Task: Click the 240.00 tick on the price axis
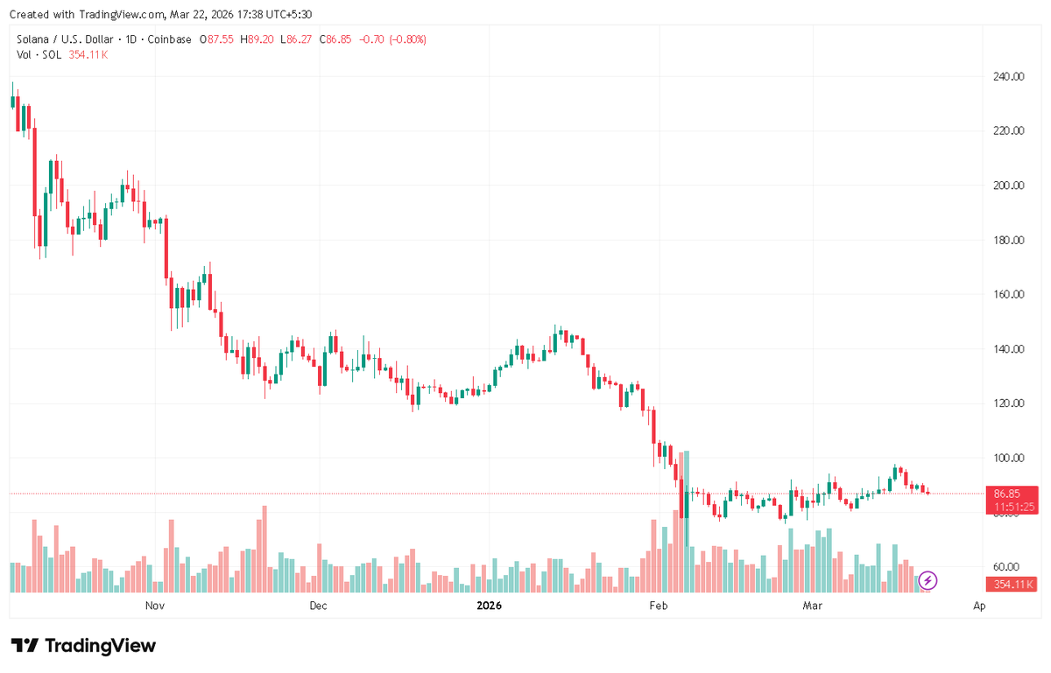click(1008, 76)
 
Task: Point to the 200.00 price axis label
click(1008, 186)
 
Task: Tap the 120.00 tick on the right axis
click(1008, 403)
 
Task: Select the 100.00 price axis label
click(1008, 458)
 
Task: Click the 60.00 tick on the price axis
click(1008, 567)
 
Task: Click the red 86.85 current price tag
click(1012, 494)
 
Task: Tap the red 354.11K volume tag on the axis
click(1012, 585)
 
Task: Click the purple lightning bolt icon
click(928, 579)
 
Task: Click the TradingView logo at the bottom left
click(85, 646)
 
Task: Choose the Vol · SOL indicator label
click(39, 54)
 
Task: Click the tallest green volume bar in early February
click(688, 522)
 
